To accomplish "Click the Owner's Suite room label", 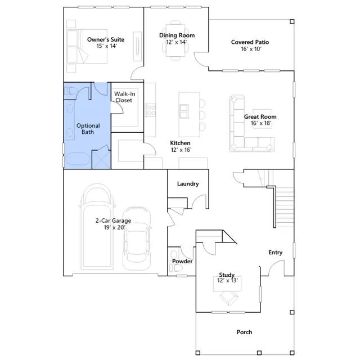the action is click(106, 39).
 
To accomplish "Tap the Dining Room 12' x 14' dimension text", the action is click(176, 42).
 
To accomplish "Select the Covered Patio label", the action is click(250, 42).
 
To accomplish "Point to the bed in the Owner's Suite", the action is click(87, 46).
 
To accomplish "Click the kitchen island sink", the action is click(184, 111).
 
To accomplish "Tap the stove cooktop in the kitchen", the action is click(150, 110).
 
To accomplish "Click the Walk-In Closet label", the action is click(124, 97).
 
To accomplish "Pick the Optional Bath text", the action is click(88, 129).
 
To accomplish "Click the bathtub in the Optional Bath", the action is click(78, 159).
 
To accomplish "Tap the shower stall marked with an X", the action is click(101, 159).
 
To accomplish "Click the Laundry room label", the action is click(188, 184).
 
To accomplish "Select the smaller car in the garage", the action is click(137, 238).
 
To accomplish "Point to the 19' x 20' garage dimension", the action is click(114, 227).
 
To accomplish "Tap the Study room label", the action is click(227, 274).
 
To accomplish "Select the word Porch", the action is click(244, 332).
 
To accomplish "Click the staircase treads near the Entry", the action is click(285, 206).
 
